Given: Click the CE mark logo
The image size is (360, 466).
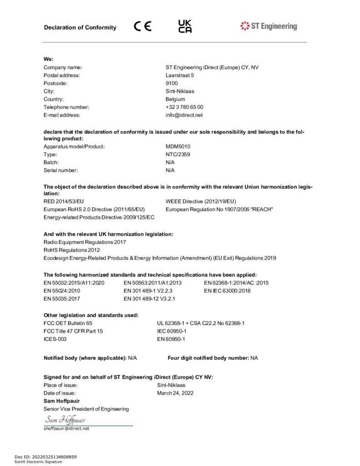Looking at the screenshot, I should click(x=143, y=26).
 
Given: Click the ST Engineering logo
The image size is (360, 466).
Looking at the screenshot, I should click(x=269, y=26).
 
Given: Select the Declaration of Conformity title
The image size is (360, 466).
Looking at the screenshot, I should click(x=80, y=27).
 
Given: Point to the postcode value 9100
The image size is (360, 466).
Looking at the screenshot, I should click(x=172, y=83).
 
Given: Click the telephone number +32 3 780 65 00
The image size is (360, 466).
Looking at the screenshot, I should click(x=184, y=107).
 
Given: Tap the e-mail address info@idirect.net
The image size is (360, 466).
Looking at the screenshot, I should click(x=184, y=115).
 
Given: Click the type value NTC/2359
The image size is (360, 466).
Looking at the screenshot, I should click(x=178, y=154).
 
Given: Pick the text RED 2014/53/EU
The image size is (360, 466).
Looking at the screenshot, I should click(x=64, y=201).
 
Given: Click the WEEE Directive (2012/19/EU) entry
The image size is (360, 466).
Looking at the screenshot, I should click(x=201, y=201).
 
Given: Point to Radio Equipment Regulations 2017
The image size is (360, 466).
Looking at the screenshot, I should click(x=85, y=242).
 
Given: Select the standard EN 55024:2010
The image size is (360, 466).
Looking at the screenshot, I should click(x=62, y=290).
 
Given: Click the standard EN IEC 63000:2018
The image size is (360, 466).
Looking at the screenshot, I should click(x=227, y=290).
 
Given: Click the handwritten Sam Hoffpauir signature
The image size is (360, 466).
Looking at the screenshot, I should click(x=65, y=420).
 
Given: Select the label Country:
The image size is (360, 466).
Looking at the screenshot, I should click(x=54, y=99).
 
